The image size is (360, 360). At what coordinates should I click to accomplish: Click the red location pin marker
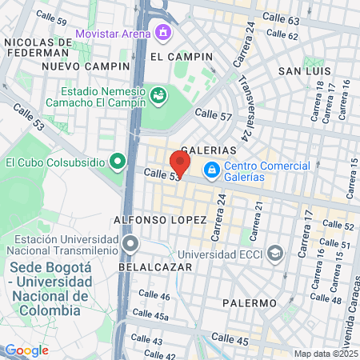tap(180, 162)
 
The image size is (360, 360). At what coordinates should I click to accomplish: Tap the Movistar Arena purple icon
tap(165, 34)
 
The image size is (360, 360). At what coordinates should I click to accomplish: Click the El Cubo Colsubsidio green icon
tap(118, 162)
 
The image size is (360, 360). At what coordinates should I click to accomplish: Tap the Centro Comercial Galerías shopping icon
tap(211, 170)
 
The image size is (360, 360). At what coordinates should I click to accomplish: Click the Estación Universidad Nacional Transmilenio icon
tap(130, 243)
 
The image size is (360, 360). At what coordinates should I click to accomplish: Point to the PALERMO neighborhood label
tap(250, 303)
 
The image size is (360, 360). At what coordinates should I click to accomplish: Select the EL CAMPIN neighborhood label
tap(182, 57)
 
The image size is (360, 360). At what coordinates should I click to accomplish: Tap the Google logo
tap(26, 350)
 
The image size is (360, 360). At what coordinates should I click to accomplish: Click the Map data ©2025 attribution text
tap(325, 354)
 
